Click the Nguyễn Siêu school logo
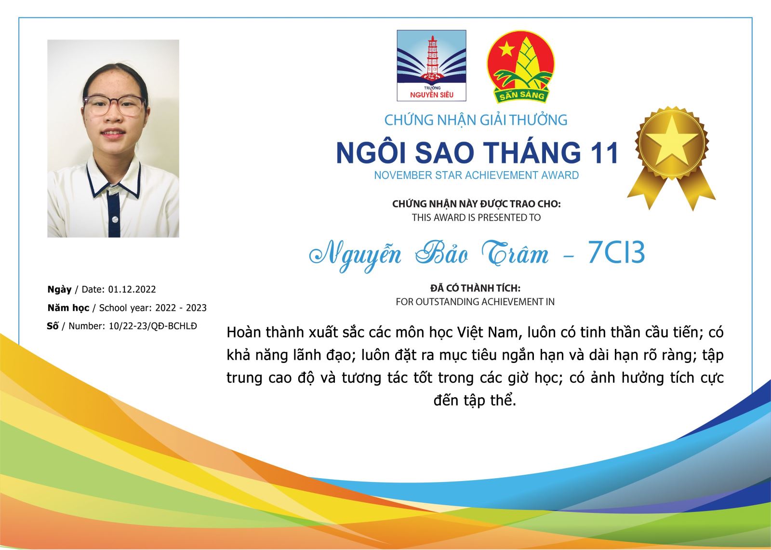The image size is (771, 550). point(431,66)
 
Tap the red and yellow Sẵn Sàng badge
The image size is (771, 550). point(520,67)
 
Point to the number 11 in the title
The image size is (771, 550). point(604,153)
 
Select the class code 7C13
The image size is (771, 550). point(616,253)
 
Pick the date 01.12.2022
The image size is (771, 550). point(132,289)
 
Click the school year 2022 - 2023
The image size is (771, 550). point(181,308)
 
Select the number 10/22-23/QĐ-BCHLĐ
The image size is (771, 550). point(153,326)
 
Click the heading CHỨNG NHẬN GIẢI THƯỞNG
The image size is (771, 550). point(476,120)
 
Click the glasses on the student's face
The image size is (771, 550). point(114,106)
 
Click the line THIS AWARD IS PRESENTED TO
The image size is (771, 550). point(477,218)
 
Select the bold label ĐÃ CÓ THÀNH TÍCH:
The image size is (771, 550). point(475,288)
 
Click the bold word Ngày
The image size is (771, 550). point(60,290)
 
